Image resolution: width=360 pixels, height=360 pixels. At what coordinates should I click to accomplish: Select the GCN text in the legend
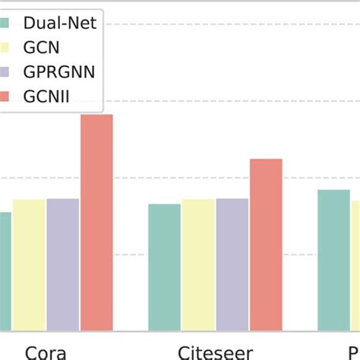[45, 48]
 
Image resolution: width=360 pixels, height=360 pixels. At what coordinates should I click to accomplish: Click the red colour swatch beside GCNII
[5, 97]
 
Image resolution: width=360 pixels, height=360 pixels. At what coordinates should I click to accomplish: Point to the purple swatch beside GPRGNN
[5, 73]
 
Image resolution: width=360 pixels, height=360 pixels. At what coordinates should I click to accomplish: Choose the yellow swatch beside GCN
[5, 48]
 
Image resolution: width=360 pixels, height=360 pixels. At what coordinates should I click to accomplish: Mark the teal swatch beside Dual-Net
[5, 23]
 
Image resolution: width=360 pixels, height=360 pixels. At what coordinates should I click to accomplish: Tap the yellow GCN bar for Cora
[29, 265]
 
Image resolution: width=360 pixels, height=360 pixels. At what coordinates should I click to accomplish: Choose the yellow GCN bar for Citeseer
[197, 265]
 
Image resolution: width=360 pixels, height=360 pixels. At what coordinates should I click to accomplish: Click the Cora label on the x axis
[46, 352]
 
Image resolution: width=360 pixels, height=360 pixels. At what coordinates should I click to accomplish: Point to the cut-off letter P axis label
[354, 352]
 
